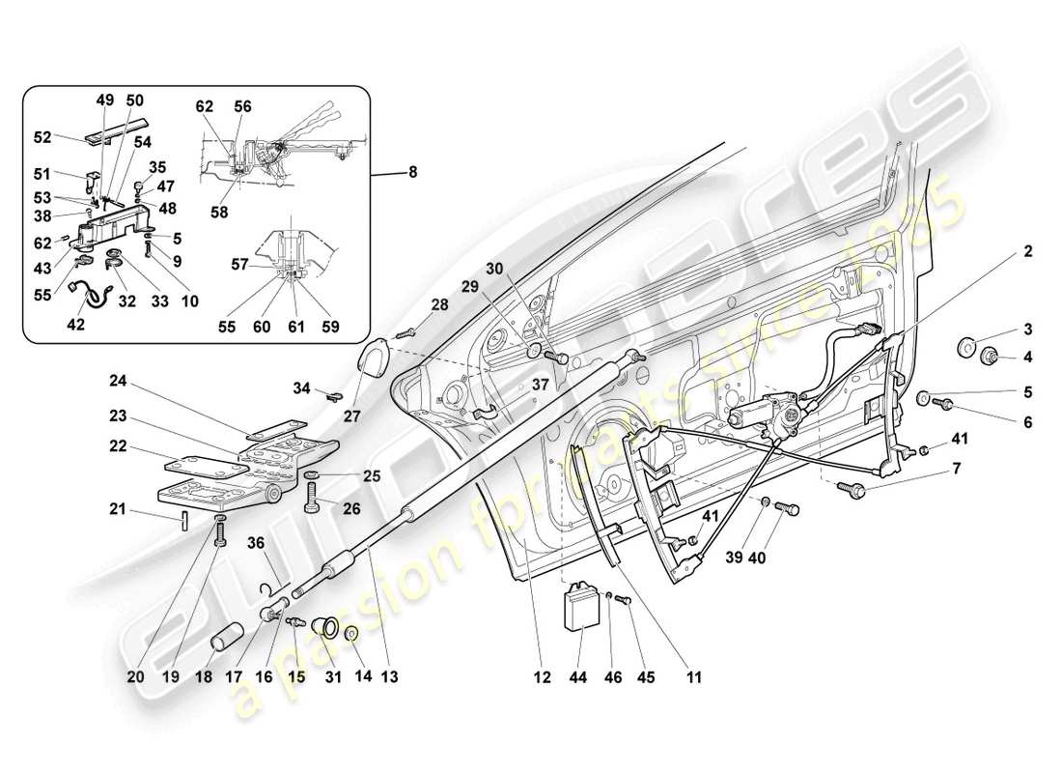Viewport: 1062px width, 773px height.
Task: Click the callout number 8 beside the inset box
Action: (413, 173)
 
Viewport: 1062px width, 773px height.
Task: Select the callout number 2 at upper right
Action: (1028, 251)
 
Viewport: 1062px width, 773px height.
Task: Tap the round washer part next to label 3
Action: (967, 346)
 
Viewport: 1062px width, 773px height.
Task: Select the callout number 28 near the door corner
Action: (439, 305)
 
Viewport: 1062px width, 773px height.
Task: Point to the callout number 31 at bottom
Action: (332, 678)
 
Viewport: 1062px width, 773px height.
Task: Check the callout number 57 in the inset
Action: (239, 263)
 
